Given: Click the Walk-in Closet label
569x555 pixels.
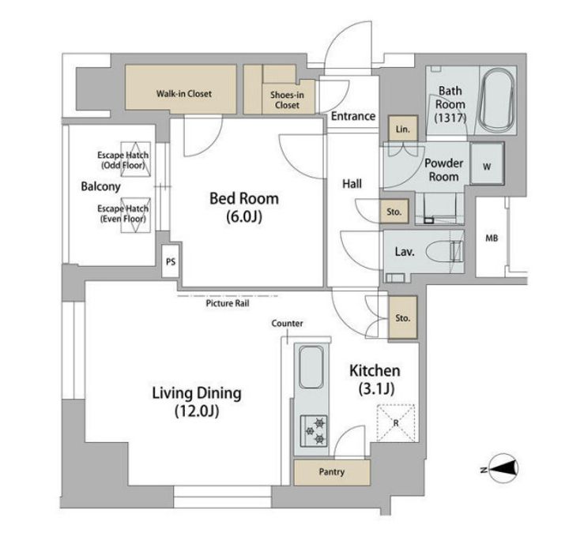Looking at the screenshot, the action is (183, 93).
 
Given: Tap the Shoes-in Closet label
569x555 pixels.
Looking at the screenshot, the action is (287, 100).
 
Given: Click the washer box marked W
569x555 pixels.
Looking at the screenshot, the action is (487, 164).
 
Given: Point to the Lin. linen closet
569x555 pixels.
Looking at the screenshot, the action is (403, 129).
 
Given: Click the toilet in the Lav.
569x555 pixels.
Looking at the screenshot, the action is (444, 251).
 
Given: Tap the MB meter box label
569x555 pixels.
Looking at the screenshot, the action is (492, 238).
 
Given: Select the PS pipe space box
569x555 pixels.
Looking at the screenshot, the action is (171, 261).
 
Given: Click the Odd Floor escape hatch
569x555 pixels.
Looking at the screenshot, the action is (135, 159).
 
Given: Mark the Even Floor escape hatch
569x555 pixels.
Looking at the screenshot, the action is (135, 215).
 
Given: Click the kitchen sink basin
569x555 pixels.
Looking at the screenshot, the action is (311, 367).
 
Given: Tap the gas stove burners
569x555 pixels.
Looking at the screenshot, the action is (314, 431).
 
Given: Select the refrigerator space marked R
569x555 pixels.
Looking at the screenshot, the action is (396, 423).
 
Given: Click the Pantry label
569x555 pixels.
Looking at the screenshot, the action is (332, 471).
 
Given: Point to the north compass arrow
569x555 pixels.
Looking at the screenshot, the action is (503, 468).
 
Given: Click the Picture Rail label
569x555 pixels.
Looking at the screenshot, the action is (228, 303).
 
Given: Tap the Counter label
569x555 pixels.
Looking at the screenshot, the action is (287, 323).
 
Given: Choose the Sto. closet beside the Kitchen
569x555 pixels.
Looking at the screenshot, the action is (403, 317).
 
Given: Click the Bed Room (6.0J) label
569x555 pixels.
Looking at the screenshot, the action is (244, 208).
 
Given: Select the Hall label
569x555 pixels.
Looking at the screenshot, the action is (352, 184).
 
